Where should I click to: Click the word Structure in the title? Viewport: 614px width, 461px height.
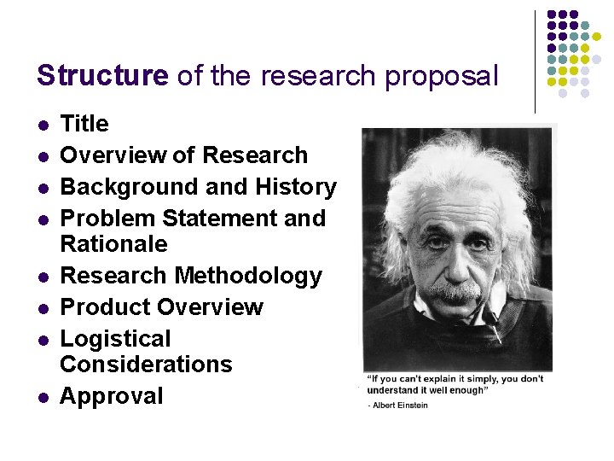102,76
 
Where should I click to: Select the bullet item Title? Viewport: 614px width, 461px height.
84,124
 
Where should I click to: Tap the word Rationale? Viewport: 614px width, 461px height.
113,244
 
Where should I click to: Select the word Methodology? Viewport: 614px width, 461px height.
248,276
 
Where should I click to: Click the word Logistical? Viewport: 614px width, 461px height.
115,339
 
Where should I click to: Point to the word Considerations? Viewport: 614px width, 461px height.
146,365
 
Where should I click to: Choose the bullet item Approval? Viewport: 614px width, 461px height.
111,396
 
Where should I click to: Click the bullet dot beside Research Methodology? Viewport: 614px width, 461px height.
43,277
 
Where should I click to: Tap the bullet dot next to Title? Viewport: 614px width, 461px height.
43,125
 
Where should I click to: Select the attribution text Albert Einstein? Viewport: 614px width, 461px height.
400,405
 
